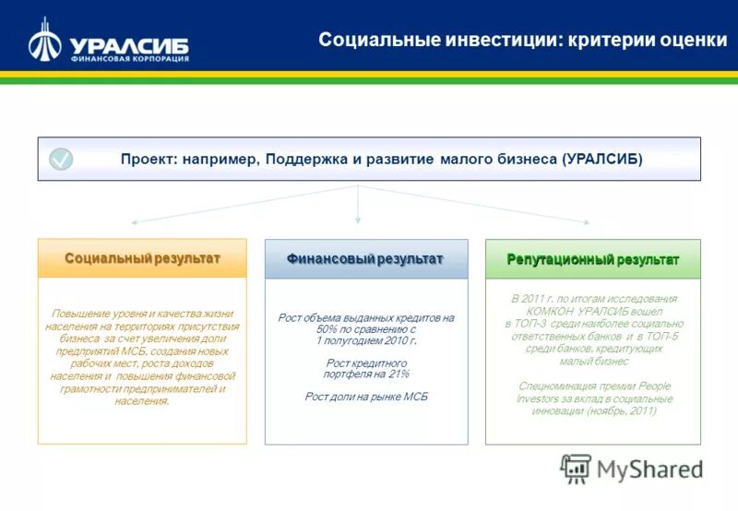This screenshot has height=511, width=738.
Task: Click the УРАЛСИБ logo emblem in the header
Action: (x=44, y=40)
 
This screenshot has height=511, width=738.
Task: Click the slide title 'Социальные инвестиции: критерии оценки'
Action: (x=522, y=40)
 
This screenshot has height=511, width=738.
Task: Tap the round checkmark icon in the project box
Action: (x=61, y=159)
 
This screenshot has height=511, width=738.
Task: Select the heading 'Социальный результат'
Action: (x=142, y=258)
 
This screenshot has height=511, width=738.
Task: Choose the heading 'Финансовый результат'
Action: (x=365, y=259)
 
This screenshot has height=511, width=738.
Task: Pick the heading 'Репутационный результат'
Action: (x=592, y=259)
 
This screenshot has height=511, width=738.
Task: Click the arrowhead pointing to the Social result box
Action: (x=135, y=222)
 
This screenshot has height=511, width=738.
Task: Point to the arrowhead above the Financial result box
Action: (x=358, y=220)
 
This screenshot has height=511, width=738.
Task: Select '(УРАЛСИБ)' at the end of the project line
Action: (x=601, y=159)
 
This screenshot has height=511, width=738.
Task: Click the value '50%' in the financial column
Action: (x=327, y=329)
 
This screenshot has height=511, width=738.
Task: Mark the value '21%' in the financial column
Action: (x=398, y=374)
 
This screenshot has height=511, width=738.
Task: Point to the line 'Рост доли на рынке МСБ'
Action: (x=366, y=397)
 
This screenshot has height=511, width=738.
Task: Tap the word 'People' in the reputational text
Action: (x=653, y=386)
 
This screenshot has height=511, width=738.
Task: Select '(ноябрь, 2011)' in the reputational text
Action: (x=621, y=411)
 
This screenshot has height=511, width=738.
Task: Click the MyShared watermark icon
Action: (x=576, y=468)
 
